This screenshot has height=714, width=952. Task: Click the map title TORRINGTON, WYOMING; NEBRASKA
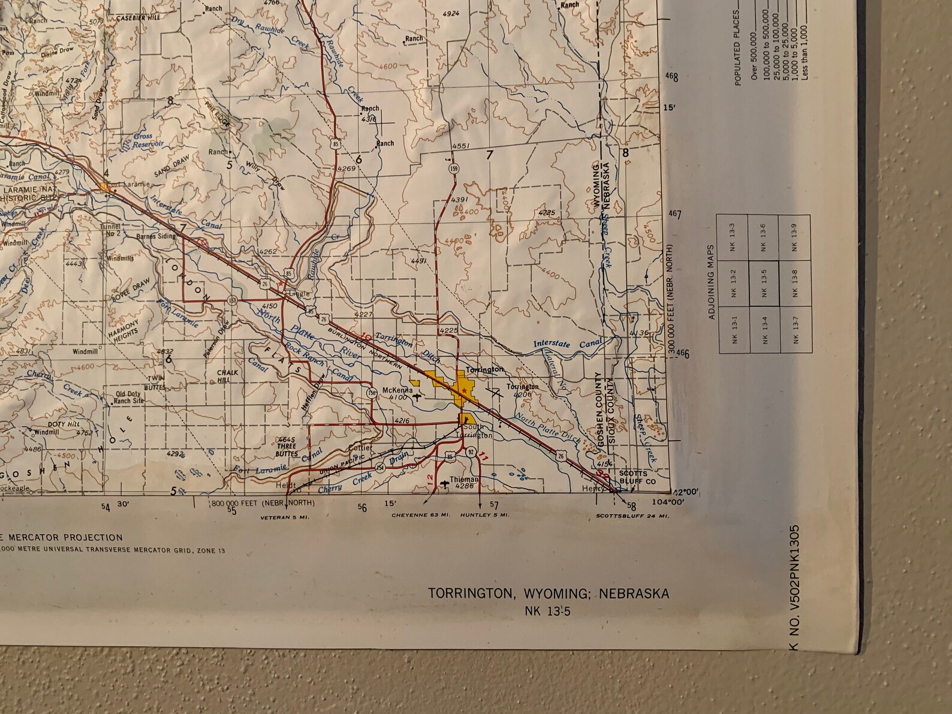tap(548, 594)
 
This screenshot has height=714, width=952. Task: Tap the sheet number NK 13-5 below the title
tap(547, 611)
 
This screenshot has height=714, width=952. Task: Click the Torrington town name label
tap(483, 370)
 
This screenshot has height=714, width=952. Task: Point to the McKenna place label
tap(398, 390)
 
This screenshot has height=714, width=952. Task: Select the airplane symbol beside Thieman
tap(444, 483)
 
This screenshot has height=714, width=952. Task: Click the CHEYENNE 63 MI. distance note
tap(421, 515)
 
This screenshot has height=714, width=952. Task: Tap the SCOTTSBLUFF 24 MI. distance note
tap(632, 516)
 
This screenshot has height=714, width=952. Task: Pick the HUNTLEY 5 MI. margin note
tap(485, 515)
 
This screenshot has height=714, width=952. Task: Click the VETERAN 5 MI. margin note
tap(285, 516)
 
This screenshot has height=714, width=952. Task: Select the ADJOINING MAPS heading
tap(712, 282)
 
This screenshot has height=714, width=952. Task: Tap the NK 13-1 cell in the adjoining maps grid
tap(735, 329)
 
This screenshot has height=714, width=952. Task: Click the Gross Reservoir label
tap(145, 140)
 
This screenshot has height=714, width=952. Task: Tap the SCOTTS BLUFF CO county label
tap(633, 477)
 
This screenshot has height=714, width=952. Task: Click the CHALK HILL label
tap(228, 375)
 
